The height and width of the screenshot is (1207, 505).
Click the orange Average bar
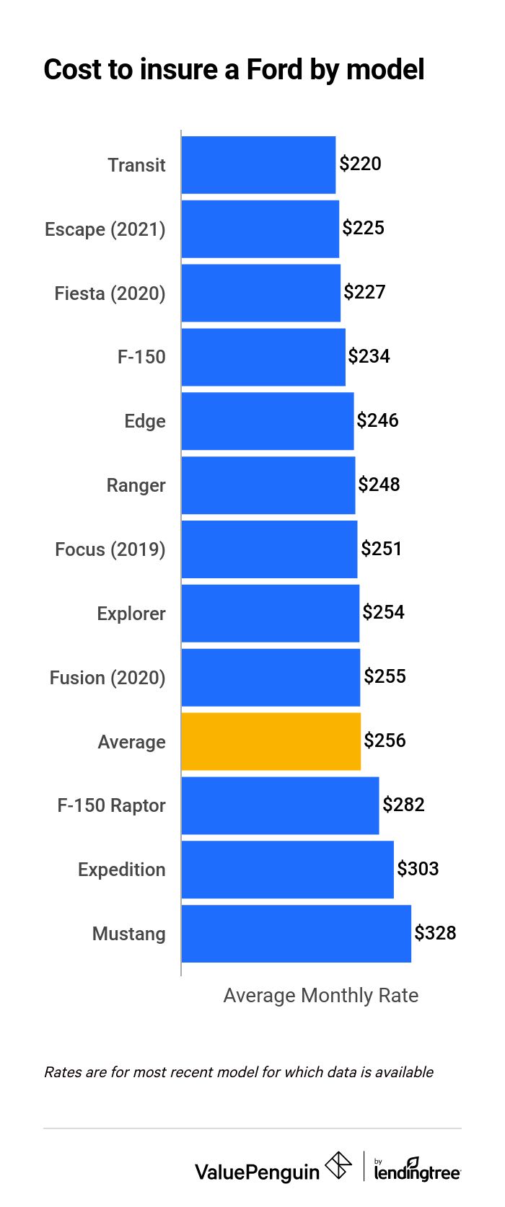click(271, 741)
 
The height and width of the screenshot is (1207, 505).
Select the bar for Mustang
click(296, 934)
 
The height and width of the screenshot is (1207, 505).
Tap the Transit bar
click(258, 165)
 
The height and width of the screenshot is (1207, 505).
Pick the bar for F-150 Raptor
click(280, 805)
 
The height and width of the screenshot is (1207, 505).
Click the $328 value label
click(435, 933)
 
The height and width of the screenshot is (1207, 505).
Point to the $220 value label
click(360, 164)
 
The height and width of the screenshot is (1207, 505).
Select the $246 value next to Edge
click(377, 420)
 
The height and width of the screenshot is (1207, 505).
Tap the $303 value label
click(418, 869)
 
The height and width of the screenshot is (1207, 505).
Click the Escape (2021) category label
click(105, 229)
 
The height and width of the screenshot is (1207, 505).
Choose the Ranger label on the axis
click(136, 485)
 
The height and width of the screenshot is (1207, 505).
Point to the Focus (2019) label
click(110, 549)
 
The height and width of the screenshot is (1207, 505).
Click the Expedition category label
click(121, 870)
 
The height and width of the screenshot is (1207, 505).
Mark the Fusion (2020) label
click(107, 678)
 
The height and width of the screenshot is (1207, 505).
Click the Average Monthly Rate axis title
click(320, 996)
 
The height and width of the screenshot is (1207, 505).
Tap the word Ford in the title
click(274, 69)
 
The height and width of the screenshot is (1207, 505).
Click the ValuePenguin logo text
click(257, 1172)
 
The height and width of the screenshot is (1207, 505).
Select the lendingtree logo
click(417, 1170)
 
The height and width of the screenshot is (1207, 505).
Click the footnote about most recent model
click(238, 1072)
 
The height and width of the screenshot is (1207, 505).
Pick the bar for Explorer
click(270, 614)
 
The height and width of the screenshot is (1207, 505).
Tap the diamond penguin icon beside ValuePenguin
click(338, 1165)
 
